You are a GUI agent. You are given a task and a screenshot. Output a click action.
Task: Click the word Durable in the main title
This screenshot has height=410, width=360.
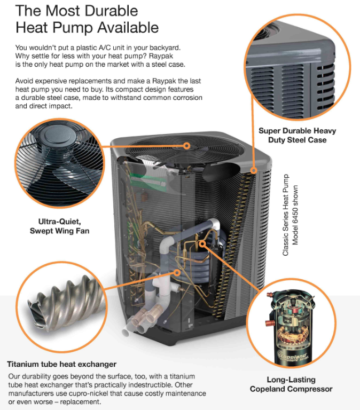[x=112, y=11]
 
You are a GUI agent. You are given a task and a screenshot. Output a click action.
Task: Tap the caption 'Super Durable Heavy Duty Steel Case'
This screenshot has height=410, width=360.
[x=297, y=135]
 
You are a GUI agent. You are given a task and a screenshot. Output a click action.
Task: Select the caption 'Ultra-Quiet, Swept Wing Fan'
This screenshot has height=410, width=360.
[x=60, y=226]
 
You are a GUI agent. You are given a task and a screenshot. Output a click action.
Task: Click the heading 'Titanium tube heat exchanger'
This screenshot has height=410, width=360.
[x=62, y=364]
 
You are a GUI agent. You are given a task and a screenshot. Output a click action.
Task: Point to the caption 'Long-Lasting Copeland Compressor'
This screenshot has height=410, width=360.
[x=291, y=384]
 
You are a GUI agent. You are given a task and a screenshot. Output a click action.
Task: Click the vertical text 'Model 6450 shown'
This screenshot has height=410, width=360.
[x=295, y=215]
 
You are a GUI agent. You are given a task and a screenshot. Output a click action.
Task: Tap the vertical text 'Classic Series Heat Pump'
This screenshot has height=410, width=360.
[x=285, y=215]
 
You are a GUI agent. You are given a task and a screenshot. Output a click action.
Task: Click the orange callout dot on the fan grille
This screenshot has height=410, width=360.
[x=186, y=146]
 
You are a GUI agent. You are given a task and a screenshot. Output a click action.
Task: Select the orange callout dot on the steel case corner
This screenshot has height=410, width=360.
[x=253, y=171]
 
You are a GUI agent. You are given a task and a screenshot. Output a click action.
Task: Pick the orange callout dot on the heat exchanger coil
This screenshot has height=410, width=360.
[x=177, y=273]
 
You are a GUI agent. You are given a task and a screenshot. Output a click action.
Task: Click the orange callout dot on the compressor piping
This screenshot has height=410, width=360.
[x=202, y=243]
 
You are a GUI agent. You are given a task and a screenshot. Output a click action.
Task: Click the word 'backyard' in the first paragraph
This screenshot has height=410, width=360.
[x=165, y=48]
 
